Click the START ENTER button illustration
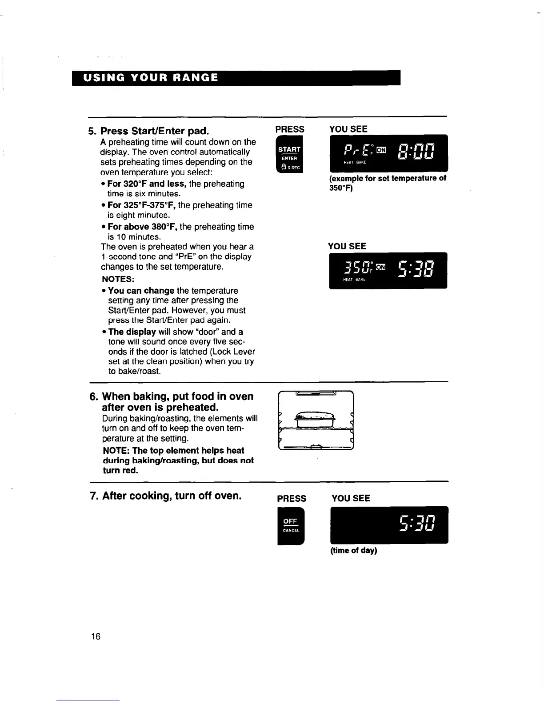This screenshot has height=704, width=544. [x=289, y=156]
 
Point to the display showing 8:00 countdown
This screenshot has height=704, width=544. [x=416, y=152]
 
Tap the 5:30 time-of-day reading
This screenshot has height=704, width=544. [x=417, y=524]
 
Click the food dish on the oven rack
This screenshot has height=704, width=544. [x=314, y=419]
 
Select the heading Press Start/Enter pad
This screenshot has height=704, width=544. [x=155, y=131]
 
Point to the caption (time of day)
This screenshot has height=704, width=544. [x=353, y=551]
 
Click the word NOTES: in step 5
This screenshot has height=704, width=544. [x=118, y=279]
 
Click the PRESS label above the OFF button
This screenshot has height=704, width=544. [x=292, y=499]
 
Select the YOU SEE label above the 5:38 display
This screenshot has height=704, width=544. [x=347, y=246]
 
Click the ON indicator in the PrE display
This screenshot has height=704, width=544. [x=381, y=150]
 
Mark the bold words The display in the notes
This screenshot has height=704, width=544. [x=132, y=332]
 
